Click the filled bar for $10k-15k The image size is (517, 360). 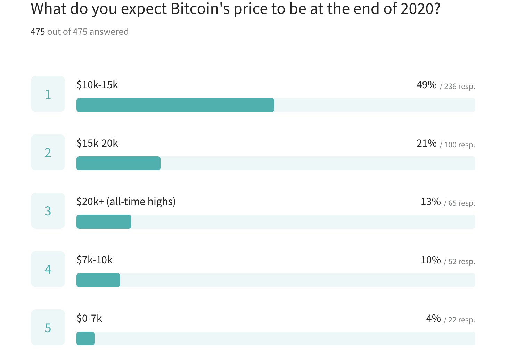(175, 105)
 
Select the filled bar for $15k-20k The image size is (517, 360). (118, 163)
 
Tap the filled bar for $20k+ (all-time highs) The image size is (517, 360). (104, 222)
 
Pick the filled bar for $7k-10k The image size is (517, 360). (98, 280)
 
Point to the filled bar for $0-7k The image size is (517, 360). (85, 338)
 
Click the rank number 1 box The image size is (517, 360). (48, 94)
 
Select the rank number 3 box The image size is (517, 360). (48, 211)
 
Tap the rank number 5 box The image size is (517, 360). (48, 327)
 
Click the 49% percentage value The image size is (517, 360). (426, 85)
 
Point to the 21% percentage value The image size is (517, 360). (426, 143)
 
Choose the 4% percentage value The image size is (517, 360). (433, 318)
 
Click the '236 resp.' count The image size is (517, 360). (459, 86)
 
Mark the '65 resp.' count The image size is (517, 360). (461, 203)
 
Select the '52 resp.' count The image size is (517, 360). (461, 261)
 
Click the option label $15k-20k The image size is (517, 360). (97, 143)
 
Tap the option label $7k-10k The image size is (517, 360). (95, 260)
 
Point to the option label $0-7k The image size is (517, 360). (89, 318)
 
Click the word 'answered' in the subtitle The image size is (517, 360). (109, 32)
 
